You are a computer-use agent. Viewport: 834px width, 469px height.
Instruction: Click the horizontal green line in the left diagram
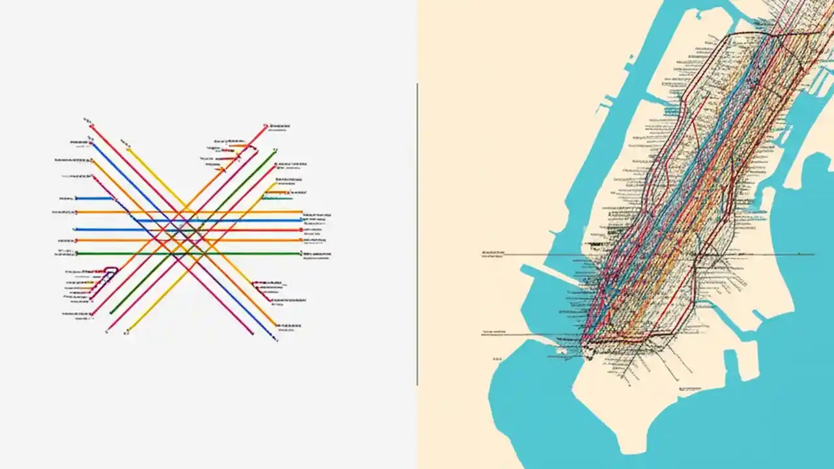pos(189,253)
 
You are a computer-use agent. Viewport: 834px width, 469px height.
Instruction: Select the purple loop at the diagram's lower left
pos(109,272)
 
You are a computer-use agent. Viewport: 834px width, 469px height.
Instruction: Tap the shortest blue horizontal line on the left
pos(95,198)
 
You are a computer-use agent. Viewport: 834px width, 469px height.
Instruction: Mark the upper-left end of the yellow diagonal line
pos(128,149)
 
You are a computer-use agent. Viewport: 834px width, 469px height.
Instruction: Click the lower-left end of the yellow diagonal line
pos(128,331)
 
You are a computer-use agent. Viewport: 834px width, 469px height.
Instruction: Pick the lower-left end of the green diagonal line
pos(111,313)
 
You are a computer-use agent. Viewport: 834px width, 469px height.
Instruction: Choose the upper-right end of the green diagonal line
pos(275,150)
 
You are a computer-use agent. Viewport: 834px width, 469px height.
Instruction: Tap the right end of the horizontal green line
pos(301,253)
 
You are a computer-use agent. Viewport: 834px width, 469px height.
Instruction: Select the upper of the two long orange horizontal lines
pos(189,212)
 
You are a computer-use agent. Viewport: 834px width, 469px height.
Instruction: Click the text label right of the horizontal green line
pos(318,255)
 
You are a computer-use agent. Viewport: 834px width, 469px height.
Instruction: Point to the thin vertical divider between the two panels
pos(417,234)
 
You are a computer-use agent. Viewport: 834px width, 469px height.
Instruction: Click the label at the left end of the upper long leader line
pos(494,253)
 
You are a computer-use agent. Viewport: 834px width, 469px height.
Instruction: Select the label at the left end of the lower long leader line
pos(495,333)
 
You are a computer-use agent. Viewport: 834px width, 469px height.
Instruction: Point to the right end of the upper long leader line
pos(813,254)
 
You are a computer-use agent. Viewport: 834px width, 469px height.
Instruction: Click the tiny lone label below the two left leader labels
pos(498,358)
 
